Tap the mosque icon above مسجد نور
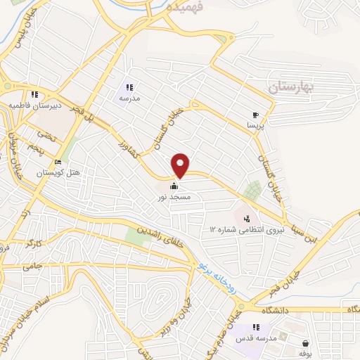[174, 186]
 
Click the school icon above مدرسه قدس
[257, 327]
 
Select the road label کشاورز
[129, 147]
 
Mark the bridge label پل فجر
[82, 104]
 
